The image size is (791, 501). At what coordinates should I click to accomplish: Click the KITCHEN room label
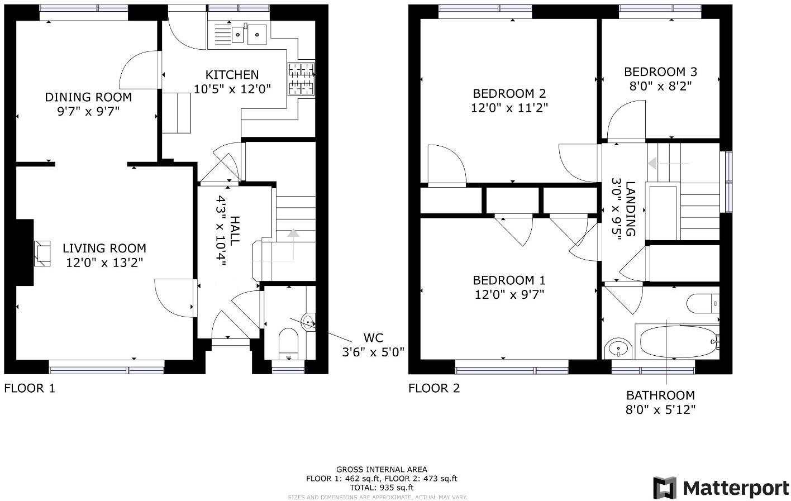click(232, 75)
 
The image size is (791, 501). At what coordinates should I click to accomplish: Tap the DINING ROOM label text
click(88, 97)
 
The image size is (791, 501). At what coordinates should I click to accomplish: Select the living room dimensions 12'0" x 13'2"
click(104, 263)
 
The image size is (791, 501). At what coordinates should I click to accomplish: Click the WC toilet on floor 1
click(288, 342)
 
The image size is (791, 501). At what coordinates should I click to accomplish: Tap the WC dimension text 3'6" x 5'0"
click(373, 352)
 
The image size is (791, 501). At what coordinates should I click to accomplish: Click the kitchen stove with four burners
click(301, 79)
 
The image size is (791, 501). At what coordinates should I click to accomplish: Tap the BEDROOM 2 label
click(509, 94)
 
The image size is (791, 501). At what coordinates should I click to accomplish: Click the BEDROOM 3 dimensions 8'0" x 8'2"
click(660, 86)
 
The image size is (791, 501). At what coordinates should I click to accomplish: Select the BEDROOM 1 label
click(509, 280)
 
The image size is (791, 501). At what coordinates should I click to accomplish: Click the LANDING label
click(630, 208)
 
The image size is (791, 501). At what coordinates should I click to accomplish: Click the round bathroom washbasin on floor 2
click(618, 349)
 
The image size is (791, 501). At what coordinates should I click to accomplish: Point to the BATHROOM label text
click(660, 395)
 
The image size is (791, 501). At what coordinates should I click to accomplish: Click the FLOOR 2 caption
click(433, 388)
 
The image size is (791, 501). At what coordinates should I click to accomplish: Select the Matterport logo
click(721, 488)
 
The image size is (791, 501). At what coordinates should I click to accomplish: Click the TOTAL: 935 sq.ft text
click(382, 487)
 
